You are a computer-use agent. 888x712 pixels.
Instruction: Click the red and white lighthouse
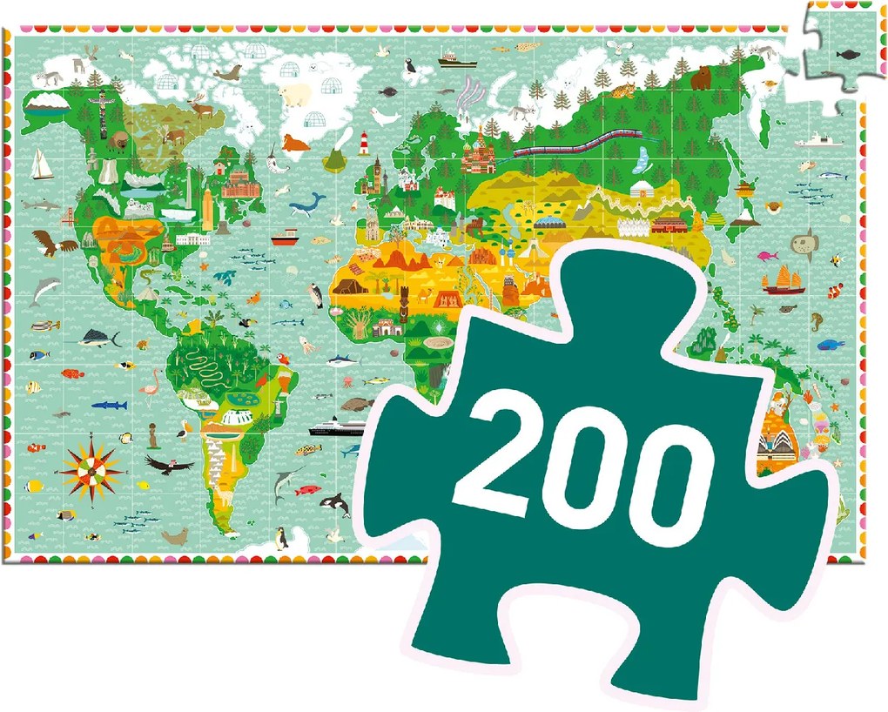[364, 142]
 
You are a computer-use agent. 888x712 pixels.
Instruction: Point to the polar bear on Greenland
[297, 94]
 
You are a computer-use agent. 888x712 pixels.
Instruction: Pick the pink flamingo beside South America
[154, 382]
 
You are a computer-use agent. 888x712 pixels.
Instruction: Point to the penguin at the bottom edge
[282, 540]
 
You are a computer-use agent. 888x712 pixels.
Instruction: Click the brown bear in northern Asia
[702, 79]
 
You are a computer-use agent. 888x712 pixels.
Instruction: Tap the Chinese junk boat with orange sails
[783, 279]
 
